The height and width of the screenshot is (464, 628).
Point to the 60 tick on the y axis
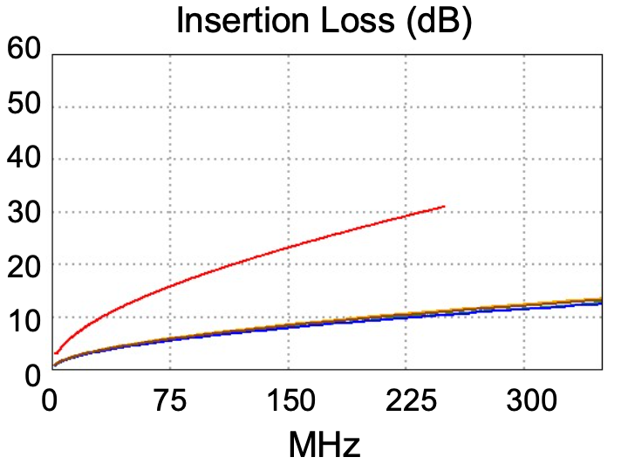click(x=25, y=50)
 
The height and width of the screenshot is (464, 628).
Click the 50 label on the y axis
click(x=25, y=108)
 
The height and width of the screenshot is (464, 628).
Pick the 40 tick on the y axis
click(x=25, y=160)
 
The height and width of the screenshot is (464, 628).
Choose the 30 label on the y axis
click(x=25, y=213)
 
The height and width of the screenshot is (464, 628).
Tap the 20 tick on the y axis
click(x=25, y=265)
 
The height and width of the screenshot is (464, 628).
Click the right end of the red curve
click(x=445, y=207)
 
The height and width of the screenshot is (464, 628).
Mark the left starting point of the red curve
click(x=56, y=353)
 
